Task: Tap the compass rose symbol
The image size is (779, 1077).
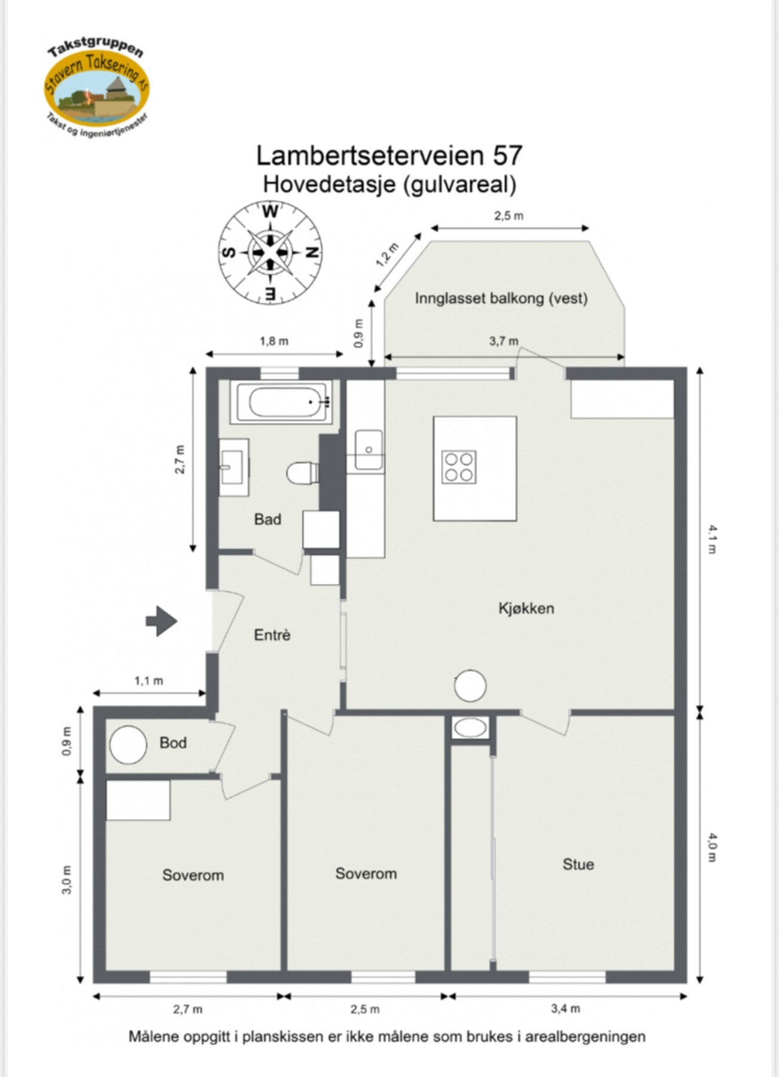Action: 269,252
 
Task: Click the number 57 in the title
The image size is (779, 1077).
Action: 507,156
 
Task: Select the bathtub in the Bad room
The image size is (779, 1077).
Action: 282,402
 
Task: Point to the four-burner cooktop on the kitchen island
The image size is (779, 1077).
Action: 459,467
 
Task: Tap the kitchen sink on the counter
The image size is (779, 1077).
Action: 369,449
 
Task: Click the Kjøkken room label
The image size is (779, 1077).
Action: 526,609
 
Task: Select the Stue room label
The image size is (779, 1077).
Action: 577,864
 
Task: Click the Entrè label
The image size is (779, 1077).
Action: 272,635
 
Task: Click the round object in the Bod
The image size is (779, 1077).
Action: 128,744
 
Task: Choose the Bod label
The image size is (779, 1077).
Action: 173,743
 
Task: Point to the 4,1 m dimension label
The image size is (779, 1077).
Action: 712,539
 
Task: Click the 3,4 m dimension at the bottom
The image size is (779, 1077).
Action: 565,1008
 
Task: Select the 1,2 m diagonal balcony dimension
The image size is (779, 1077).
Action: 387,255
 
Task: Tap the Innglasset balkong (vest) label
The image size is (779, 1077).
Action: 501,298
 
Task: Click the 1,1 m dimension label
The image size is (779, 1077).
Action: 148,680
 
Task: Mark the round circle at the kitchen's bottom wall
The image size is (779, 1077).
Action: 470,686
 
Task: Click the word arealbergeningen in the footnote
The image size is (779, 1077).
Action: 585,1036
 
